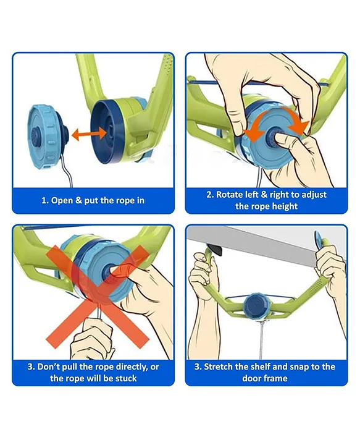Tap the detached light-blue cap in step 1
click(47, 137)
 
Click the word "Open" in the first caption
click(62, 200)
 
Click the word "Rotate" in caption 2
click(230, 195)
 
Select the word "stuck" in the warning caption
click(126, 378)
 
